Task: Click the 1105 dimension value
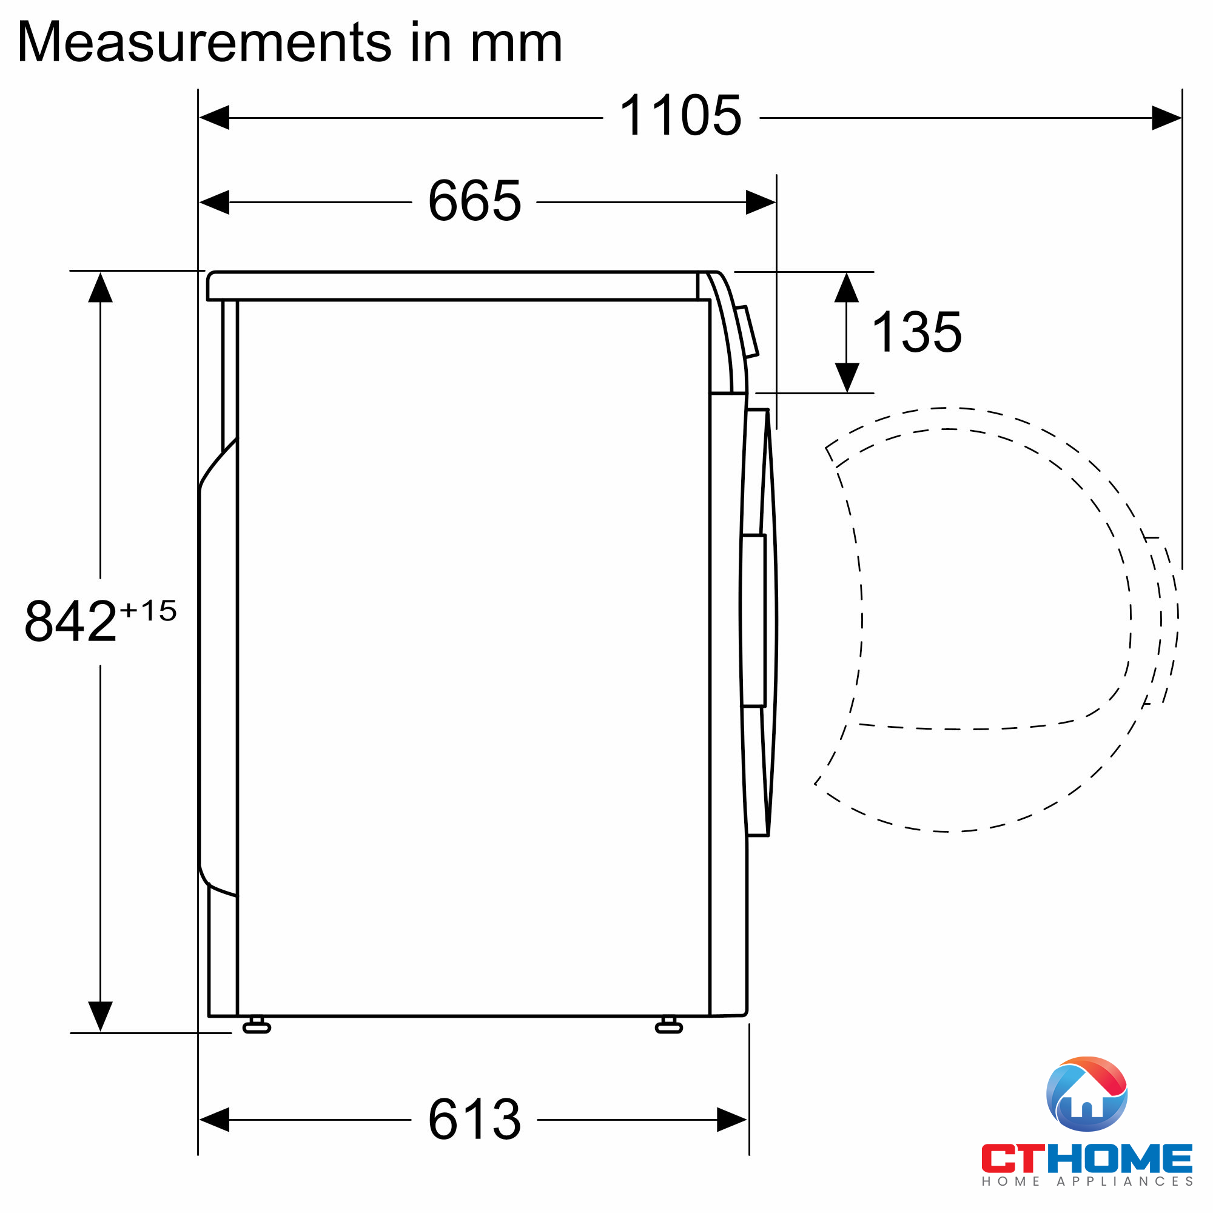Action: click(x=680, y=115)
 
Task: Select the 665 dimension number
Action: click(x=475, y=201)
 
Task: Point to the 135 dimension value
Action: click(x=917, y=332)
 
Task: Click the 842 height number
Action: click(x=71, y=621)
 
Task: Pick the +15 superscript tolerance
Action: click(x=148, y=610)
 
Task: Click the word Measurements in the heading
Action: click(x=204, y=42)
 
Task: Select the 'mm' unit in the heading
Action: click(x=517, y=47)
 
